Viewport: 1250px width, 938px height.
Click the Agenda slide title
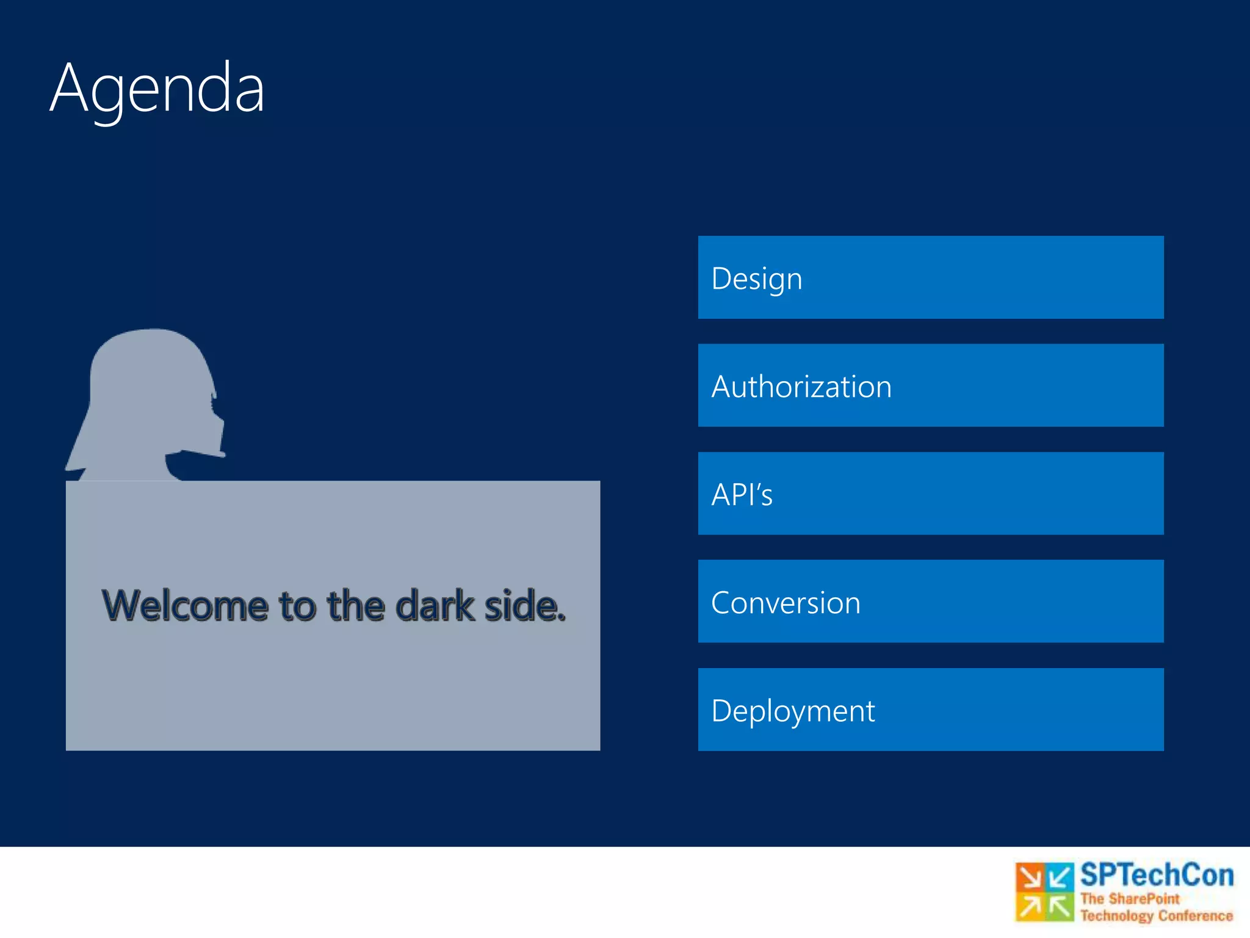[x=157, y=89]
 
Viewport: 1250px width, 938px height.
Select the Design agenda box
[x=930, y=277]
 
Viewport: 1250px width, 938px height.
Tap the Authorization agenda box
[x=930, y=385]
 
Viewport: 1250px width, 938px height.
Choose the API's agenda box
[x=930, y=493]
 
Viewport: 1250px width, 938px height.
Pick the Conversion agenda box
[x=930, y=602]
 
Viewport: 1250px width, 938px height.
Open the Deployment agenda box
[x=930, y=710]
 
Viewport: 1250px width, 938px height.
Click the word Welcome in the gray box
[x=185, y=606]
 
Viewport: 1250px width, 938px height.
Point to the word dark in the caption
[x=434, y=606]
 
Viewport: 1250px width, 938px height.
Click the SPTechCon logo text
[x=1156, y=875]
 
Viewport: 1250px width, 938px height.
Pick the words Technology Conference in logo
[x=1156, y=915]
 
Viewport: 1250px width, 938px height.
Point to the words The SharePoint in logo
[x=1130, y=899]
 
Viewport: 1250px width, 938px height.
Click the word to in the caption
[x=297, y=606]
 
